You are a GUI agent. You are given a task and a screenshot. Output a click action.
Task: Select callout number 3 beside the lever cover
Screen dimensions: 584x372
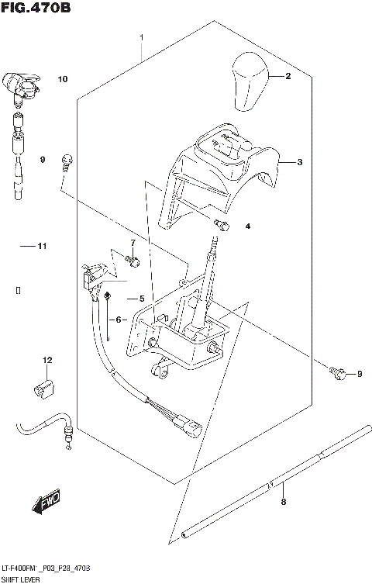click(x=300, y=162)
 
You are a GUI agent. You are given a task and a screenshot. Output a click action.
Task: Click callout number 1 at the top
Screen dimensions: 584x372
click(x=141, y=37)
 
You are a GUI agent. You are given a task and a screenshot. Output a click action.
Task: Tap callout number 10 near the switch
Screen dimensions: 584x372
click(x=63, y=78)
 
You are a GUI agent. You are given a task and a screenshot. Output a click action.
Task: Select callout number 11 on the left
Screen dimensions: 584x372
click(x=43, y=247)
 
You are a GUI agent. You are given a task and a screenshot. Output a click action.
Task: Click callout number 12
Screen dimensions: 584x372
click(x=46, y=360)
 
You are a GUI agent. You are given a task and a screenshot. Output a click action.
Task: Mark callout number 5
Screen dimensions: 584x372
click(x=142, y=299)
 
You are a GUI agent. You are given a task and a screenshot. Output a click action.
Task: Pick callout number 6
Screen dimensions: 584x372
click(x=120, y=319)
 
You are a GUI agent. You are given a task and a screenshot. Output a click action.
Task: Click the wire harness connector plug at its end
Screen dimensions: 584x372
click(x=188, y=424)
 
